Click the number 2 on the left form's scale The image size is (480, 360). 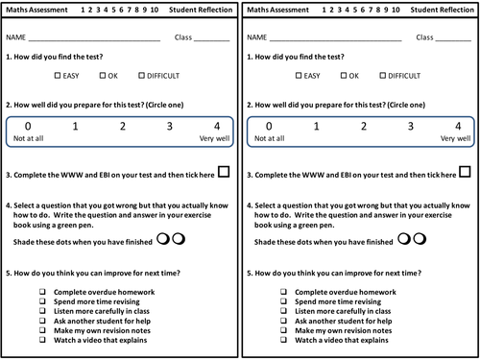[122, 126]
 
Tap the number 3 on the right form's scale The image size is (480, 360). [410, 126]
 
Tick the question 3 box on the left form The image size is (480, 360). [224, 172]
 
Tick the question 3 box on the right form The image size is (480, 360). [464, 172]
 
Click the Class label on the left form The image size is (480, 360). [182, 38]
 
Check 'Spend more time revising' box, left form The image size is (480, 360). [42, 301]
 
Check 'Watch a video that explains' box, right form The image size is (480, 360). [282, 340]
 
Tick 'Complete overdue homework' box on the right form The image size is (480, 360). [282, 291]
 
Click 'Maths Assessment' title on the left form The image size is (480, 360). [37, 11]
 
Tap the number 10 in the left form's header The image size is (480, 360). [156, 11]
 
